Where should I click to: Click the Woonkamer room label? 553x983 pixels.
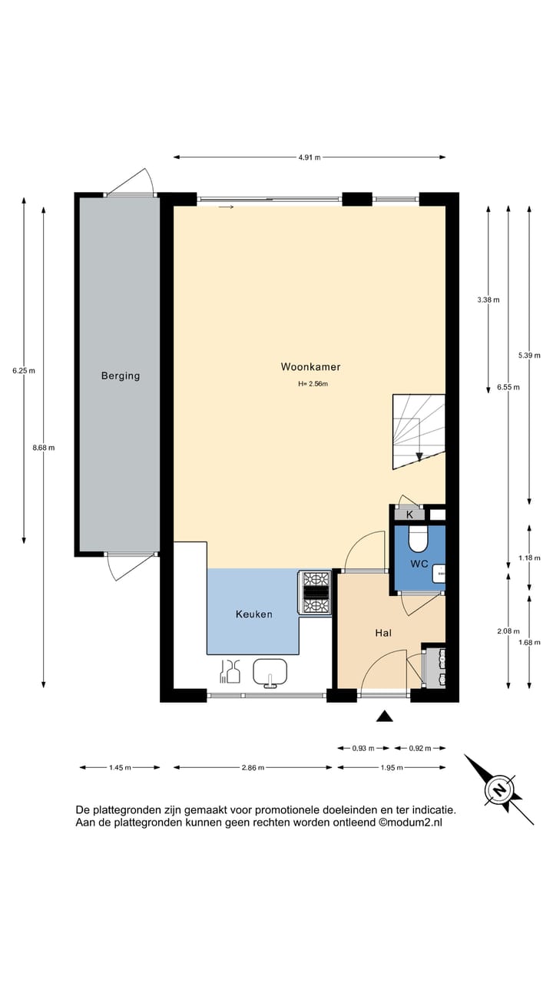click(x=311, y=367)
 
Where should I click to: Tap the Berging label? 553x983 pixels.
click(x=121, y=376)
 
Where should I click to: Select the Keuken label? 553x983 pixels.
click(x=254, y=614)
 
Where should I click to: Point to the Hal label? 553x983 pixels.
click(x=383, y=633)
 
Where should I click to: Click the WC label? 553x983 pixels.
click(x=419, y=564)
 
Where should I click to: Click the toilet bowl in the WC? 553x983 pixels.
click(x=418, y=538)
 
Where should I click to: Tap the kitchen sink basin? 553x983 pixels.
click(x=270, y=672)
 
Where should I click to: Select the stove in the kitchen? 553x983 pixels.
click(x=315, y=592)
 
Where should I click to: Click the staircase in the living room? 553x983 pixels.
click(x=419, y=432)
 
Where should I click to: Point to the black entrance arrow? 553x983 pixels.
click(x=385, y=716)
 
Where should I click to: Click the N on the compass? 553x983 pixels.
click(x=499, y=790)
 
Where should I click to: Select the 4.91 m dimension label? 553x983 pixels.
click(x=310, y=157)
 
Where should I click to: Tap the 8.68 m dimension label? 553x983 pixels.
click(x=44, y=448)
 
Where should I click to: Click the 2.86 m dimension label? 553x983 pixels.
click(x=253, y=767)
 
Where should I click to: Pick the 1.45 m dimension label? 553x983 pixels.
click(x=120, y=767)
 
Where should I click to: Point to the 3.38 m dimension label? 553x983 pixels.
click(x=488, y=300)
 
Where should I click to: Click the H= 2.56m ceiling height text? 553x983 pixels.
click(x=313, y=384)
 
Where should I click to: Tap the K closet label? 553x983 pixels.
click(x=410, y=515)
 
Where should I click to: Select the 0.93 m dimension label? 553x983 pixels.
click(x=363, y=748)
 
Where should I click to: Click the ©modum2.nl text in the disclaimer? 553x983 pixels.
click(x=410, y=822)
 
